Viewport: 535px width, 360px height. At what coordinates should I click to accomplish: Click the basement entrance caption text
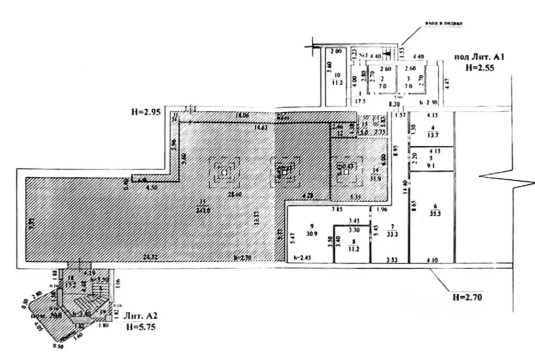445,23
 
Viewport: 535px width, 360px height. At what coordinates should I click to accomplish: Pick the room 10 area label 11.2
337,82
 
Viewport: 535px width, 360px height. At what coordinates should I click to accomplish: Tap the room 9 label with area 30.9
311,230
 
